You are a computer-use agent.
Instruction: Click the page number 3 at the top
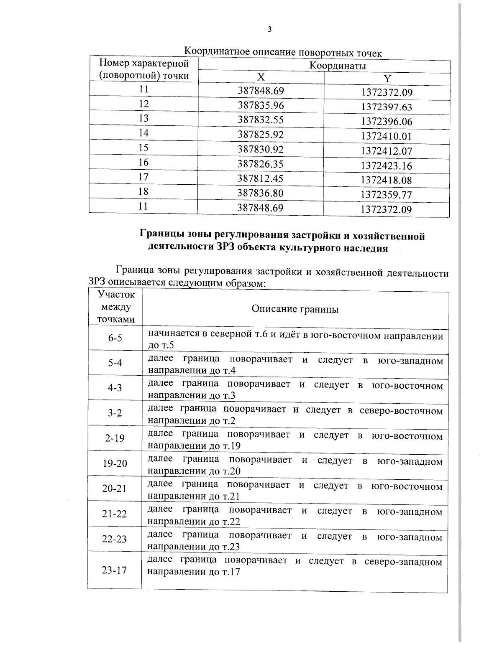[x=269, y=29]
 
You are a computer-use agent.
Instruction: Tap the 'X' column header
[x=261, y=77]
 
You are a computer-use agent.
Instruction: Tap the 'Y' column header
[x=387, y=79]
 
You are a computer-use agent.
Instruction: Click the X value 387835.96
[x=261, y=105]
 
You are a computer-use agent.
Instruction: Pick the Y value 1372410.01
[x=387, y=136]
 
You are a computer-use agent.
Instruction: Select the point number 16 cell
[x=143, y=162]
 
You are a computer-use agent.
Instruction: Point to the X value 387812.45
[x=261, y=178]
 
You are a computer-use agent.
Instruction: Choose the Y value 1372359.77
[x=387, y=195]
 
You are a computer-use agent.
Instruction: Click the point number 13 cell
[x=143, y=118]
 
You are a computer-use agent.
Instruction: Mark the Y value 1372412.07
[x=387, y=151]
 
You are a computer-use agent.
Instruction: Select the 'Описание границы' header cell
[x=295, y=309]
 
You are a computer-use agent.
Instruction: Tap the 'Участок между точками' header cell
[x=116, y=307]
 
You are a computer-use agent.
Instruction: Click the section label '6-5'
[x=115, y=338]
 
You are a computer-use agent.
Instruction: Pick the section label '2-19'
[x=115, y=438]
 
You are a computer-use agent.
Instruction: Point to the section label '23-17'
[x=114, y=570]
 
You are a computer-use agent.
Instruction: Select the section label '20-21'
[x=114, y=489]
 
